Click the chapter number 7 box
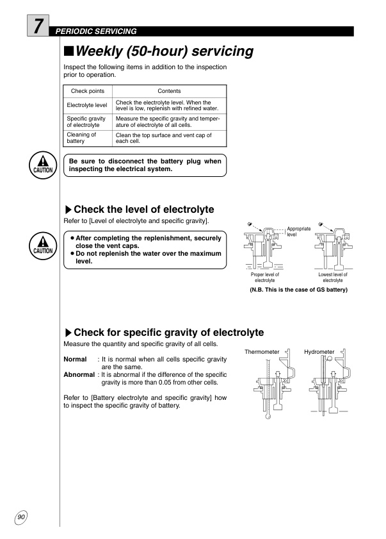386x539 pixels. (39, 27)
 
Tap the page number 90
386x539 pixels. (21, 516)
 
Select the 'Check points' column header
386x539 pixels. (88, 92)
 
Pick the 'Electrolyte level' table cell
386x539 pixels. (88, 106)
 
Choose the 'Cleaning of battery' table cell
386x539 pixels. (88, 138)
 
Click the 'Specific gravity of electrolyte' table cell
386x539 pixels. (88, 122)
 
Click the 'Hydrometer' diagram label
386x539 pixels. (319, 352)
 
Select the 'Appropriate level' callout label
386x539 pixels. (298, 231)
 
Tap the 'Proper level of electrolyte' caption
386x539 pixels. (265, 278)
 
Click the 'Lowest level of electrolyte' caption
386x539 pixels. (332, 278)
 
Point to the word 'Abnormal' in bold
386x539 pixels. (79, 374)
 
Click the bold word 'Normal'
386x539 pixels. (75, 360)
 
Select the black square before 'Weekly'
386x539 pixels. (69, 51)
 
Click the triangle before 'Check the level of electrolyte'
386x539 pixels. (68, 210)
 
